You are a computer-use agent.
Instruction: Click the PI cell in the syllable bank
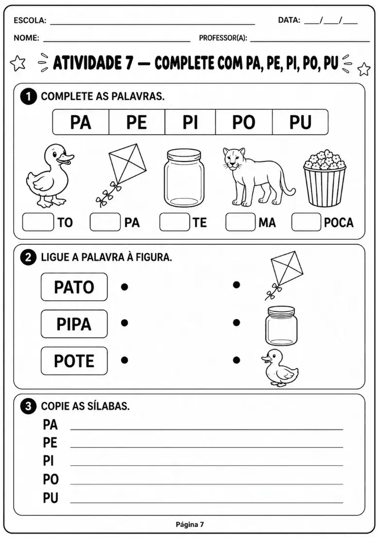[190, 122]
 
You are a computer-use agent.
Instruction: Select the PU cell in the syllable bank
[300, 122]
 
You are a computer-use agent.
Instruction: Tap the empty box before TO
[38, 222]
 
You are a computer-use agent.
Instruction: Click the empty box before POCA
[307, 222]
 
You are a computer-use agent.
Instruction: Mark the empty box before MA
[241, 222]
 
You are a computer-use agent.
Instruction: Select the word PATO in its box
[74, 287]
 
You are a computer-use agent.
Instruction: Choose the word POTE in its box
[74, 361]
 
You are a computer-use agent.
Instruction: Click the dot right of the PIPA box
[124, 323]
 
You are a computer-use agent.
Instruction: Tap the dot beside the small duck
[236, 360]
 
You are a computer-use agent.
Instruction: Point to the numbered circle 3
[28, 406]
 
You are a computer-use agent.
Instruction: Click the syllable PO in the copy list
[51, 479]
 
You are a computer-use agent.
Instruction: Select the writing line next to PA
[206, 429]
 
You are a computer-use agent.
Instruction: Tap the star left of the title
[18, 63]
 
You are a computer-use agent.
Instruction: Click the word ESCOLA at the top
[30, 20]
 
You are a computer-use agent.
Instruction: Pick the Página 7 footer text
[190, 524]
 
